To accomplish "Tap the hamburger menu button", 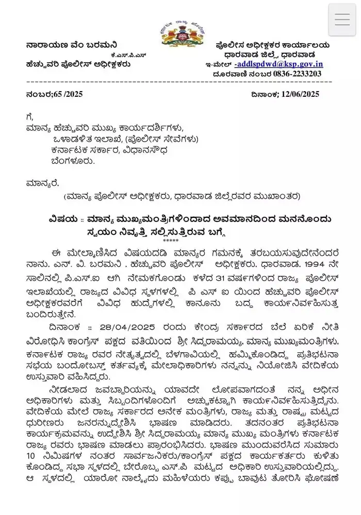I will [342, 20].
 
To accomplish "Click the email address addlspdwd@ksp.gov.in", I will [279, 64].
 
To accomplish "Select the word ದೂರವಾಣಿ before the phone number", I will [227, 74].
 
